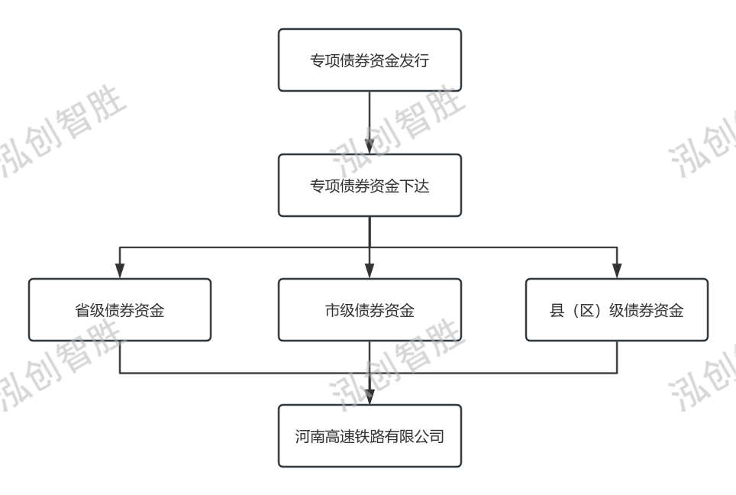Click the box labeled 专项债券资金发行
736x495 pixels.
[370, 60]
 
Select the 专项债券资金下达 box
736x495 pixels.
[370, 185]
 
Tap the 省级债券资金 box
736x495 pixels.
[120, 309]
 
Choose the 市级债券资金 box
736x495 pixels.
[370, 309]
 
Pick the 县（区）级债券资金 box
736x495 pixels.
[617, 309]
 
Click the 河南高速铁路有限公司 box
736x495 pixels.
[370, 436]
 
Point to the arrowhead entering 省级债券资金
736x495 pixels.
[120, 270]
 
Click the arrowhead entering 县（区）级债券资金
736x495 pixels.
[617, 270]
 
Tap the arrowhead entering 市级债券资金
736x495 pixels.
[370, 270]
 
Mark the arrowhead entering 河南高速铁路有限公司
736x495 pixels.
[370, 397]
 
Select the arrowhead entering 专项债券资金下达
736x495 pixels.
[370, 146]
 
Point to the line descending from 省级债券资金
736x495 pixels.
[120, 357]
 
